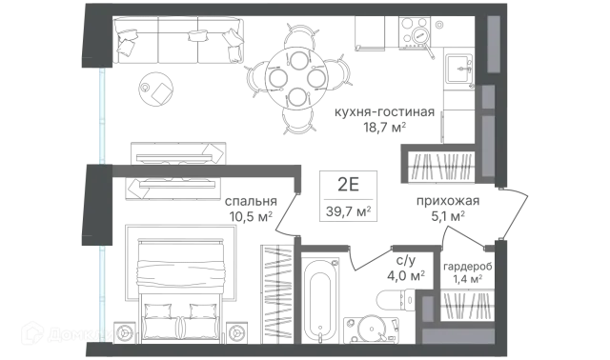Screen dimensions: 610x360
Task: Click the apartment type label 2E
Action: click(348, 185)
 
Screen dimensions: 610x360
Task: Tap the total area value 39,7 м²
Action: click(348, 211)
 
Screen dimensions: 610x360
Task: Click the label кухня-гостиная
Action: click(384, 112)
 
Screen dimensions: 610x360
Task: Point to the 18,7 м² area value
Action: click(384, 127)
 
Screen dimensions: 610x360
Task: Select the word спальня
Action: click(251, 201)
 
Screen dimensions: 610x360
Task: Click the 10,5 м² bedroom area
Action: click(251, 216)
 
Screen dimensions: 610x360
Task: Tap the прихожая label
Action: click(448, 201)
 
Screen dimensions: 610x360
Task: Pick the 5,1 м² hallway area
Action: click(448, 216)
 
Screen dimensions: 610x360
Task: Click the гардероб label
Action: click(468, 267)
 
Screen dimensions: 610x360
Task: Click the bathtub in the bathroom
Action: click(320, 301)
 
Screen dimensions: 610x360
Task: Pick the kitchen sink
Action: click(458, 69)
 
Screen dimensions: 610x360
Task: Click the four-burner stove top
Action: click(415, 32)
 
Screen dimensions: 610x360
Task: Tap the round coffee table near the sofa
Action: click(156, 89)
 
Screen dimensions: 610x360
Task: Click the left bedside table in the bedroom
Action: click(125, 332)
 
